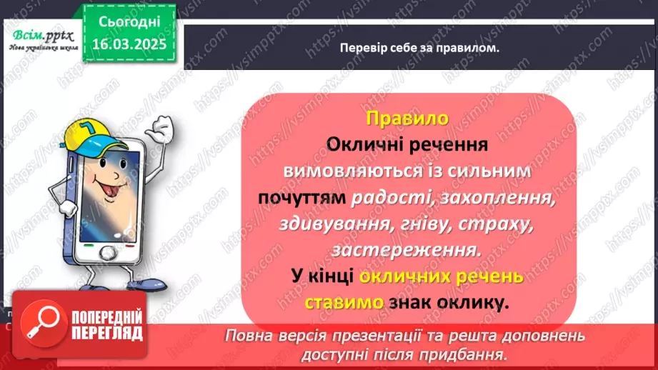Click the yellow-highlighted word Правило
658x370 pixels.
click(407, 117)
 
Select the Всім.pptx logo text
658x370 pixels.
click(39, 35)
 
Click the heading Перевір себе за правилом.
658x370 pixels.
click(420, 49)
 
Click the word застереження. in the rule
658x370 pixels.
click(406, 251)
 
